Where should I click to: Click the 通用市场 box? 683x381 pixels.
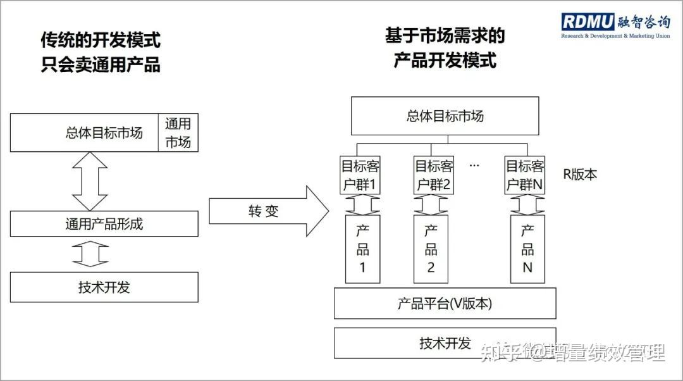(x=178, y=133)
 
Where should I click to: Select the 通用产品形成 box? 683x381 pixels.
(x=104, y=224)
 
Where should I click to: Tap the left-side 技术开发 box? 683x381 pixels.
(x=104, y=287)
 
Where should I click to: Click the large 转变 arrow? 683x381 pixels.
(x=269, y=211)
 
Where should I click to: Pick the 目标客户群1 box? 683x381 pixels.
(x=360, y=175)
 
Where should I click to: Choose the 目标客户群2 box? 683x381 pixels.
(x=434, y=175)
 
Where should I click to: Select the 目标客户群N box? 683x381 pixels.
(x=525, y=175)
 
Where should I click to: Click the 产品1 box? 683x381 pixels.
(x=363, y=249)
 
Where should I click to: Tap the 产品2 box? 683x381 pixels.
(x=431, y=249)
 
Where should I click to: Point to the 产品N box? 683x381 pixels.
(x=527, y=249)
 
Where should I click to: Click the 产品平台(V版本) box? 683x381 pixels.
(x=445, y=303)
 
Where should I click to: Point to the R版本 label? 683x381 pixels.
(x=580, y=175)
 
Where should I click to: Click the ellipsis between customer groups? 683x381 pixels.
(x=474, y=166)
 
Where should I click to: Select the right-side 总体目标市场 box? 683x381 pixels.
(x=445, y=116)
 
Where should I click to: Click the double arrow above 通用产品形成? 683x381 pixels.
(x=90, y=182)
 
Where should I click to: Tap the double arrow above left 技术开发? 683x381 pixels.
(x=90, y=254)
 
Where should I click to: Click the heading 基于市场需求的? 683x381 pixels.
(x=445, y=35)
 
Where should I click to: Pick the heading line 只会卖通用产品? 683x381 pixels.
(x=101, y=65)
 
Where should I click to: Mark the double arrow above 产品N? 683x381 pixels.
(x=527, y=205)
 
